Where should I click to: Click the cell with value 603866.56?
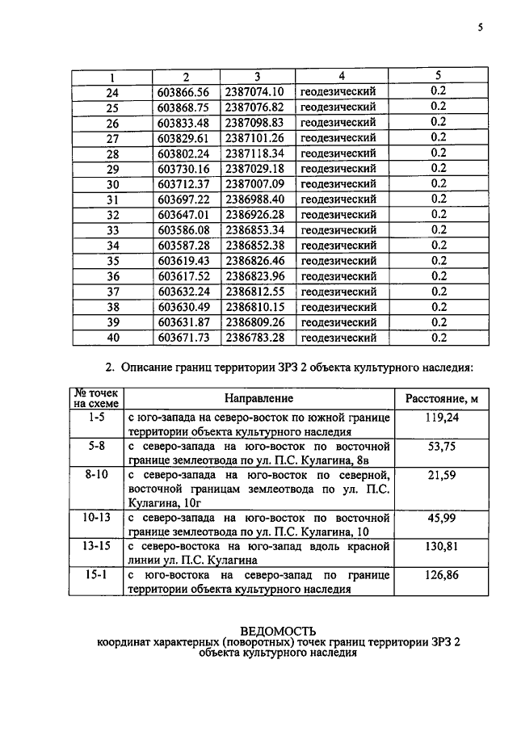tap(183, 91)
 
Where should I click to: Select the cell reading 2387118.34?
tap(255, 153)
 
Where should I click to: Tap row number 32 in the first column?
tap(112, 215)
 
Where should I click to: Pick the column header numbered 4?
tap(342, 76)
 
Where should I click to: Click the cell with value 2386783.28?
tap(255, 338)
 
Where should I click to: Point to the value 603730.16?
tap(183, 169)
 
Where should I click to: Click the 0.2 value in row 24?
tap(439, 91)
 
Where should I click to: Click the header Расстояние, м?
tap(441, 398)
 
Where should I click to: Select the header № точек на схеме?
tap(96, 397)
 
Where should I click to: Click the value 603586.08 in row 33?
tap(183, 230)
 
